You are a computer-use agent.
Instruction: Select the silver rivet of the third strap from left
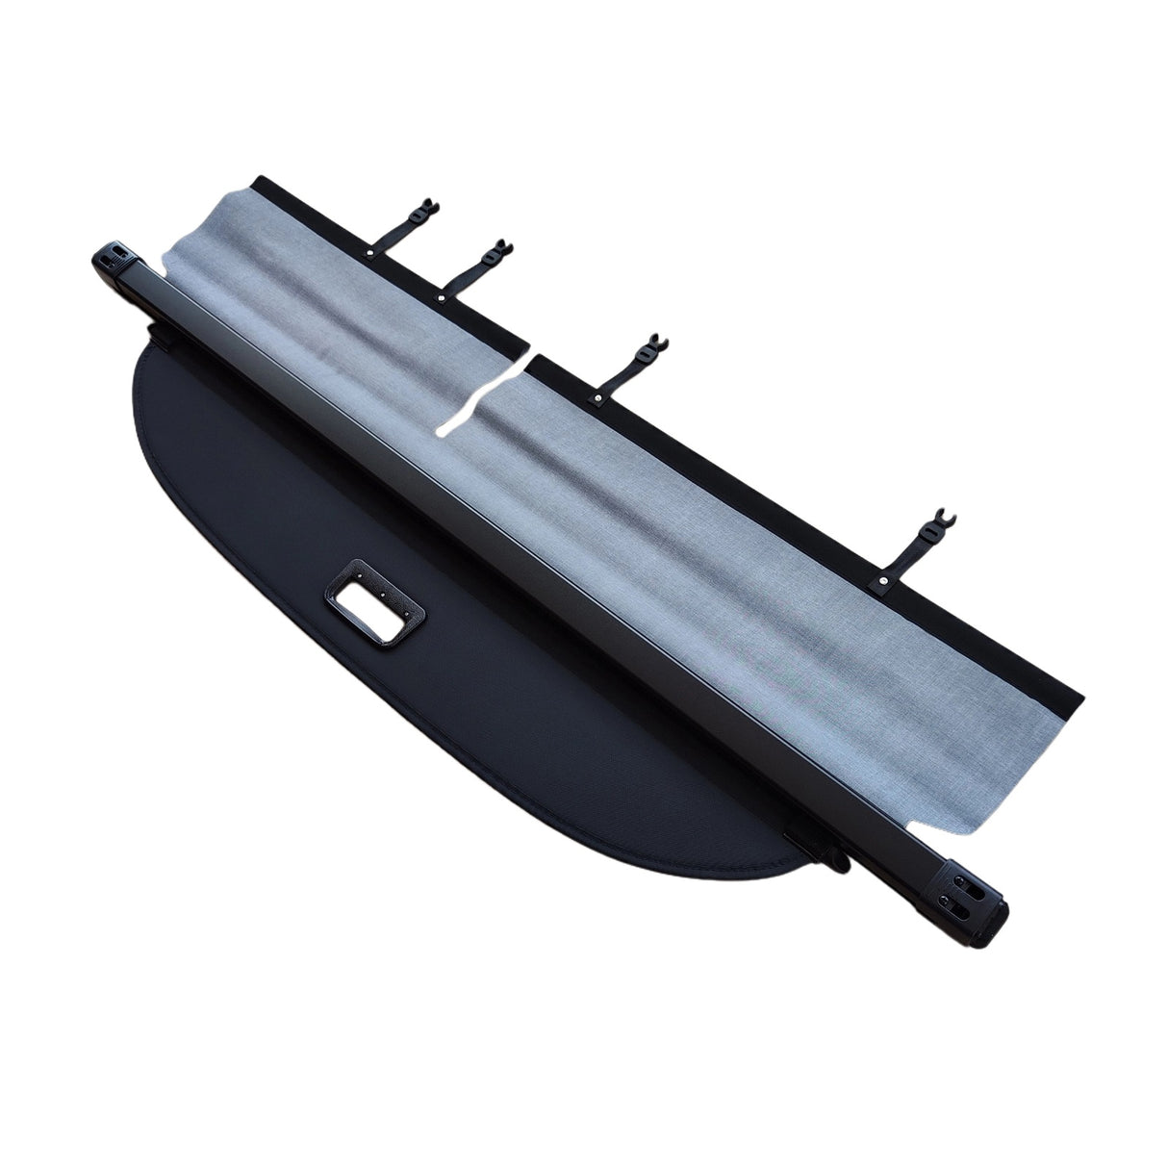597,396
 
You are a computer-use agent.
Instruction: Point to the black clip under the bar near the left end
164,339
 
